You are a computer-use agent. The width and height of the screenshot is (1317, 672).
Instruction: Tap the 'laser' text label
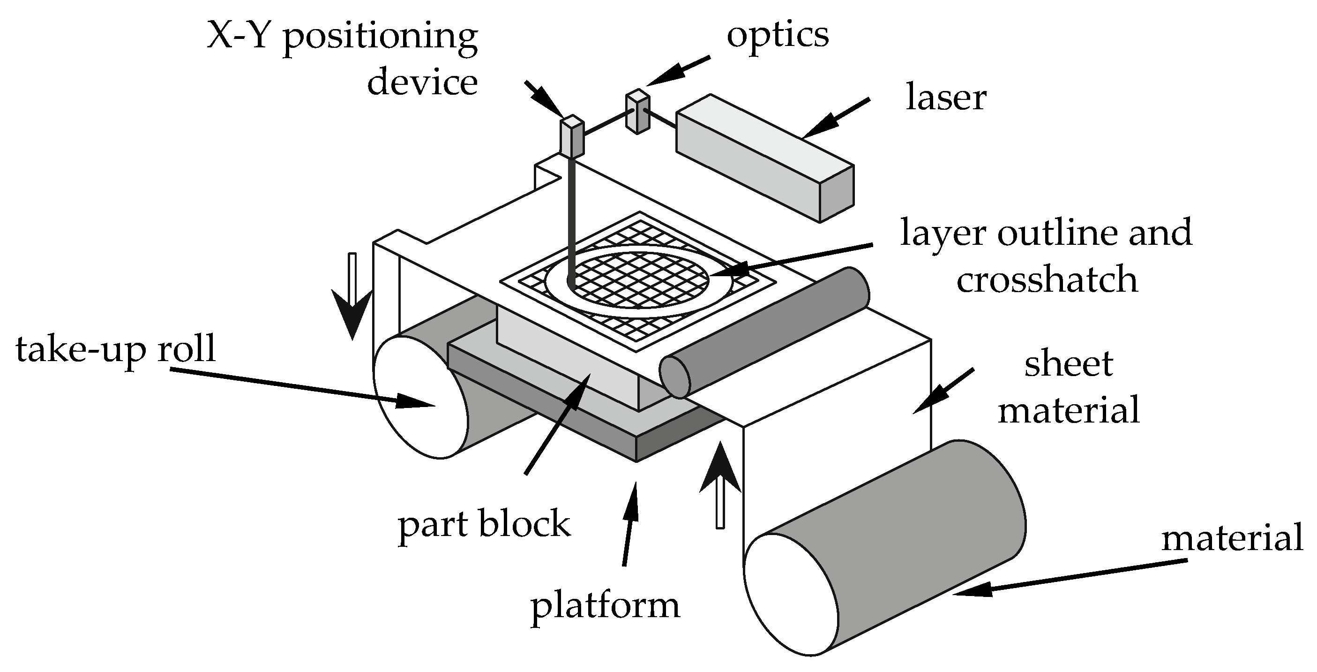click(x=945, y=98)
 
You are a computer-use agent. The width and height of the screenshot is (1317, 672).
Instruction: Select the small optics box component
click(x=637, y=112)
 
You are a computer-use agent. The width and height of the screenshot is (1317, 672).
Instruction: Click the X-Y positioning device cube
click(x=572, y=137)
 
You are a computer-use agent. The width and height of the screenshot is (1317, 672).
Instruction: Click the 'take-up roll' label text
click(x=116, y=350)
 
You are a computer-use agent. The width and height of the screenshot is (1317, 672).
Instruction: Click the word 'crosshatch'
click(x=1047, y=280)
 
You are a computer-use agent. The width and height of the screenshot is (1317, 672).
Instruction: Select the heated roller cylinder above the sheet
click(x=764, y=332)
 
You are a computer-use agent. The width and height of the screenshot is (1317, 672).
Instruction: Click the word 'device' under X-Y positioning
click(x=422, y=83)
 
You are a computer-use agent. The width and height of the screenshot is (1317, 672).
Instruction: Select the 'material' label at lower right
click(x=1232, y=538)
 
